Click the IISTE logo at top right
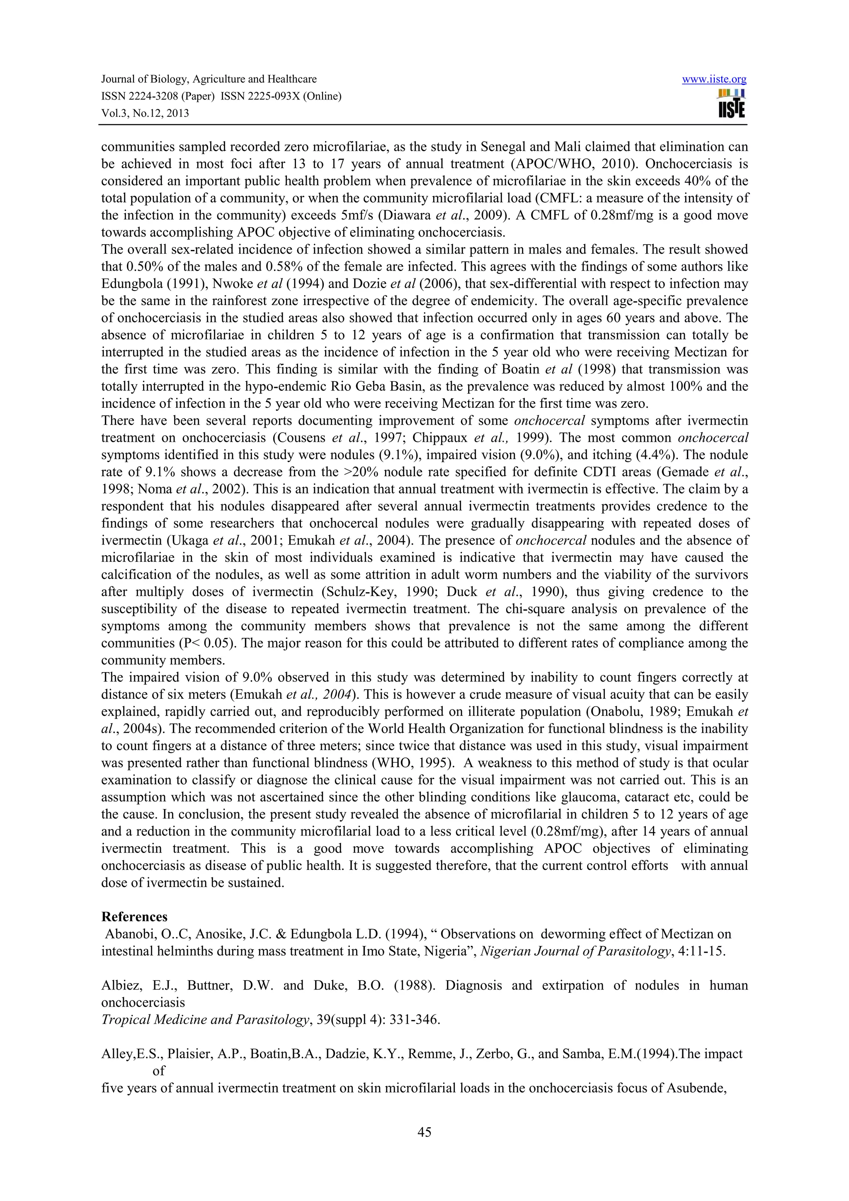(732, 104)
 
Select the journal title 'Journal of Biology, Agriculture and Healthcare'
(209, 80)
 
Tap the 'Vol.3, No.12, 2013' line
(145, 114)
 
